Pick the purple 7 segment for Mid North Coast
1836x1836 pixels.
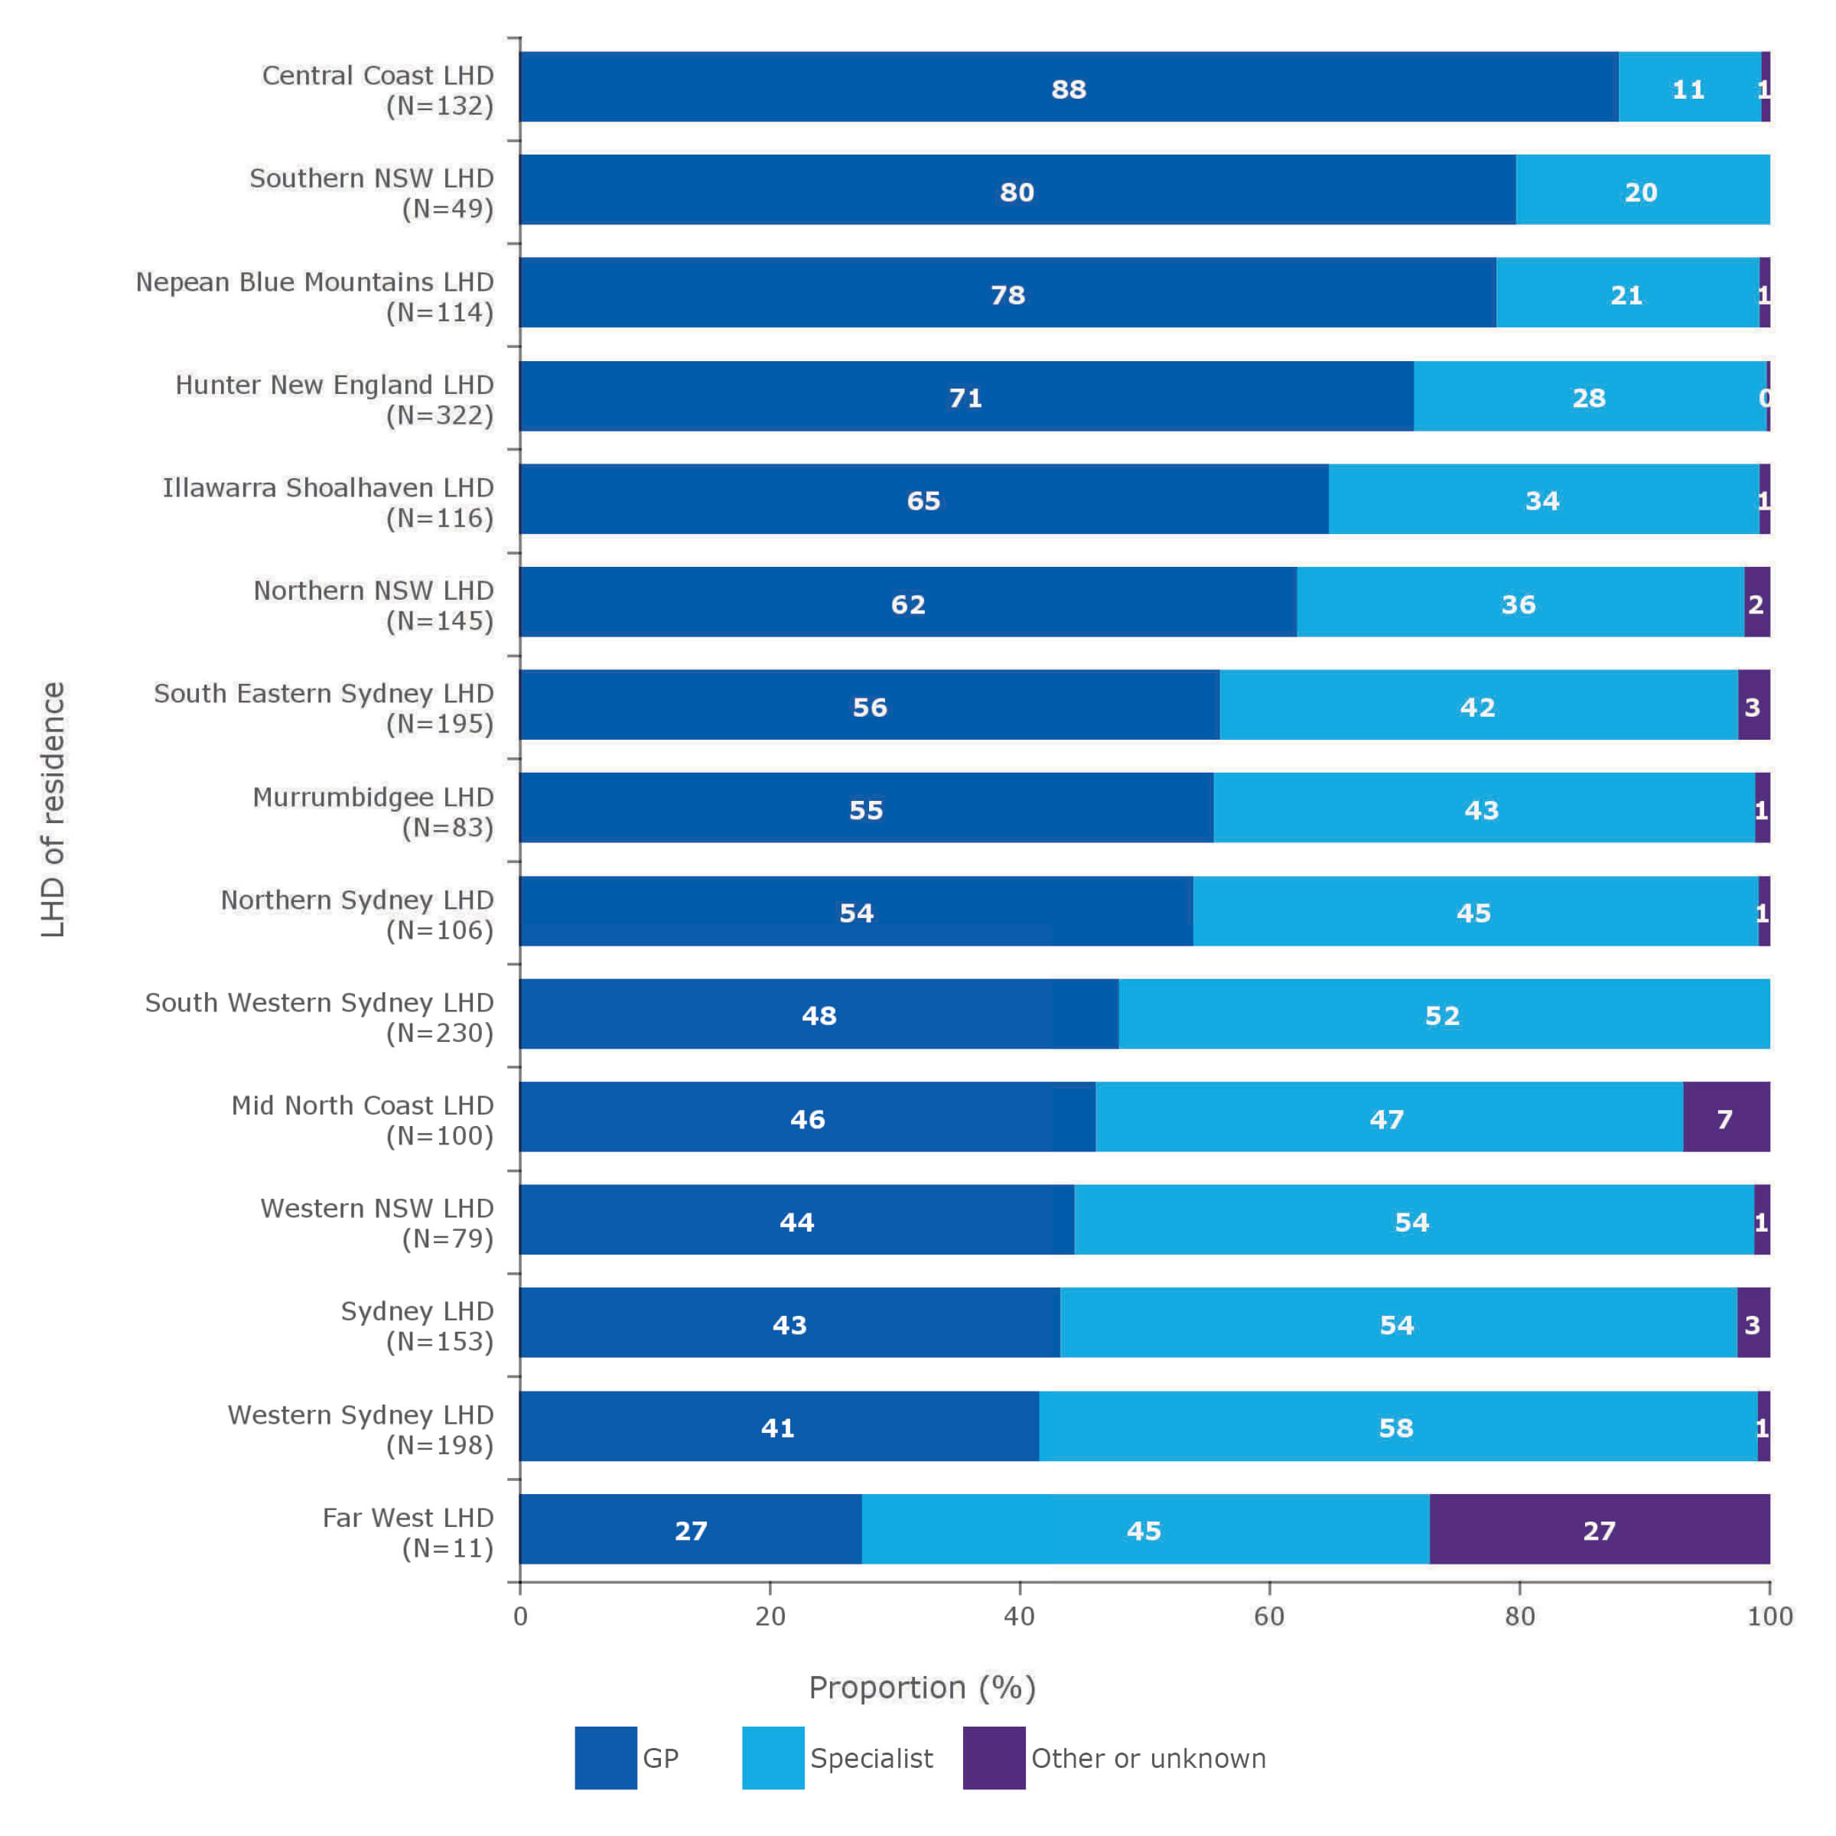point(1725,1118)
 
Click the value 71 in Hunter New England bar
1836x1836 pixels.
point(965,397)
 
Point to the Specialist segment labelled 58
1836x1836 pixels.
point(1396,1427)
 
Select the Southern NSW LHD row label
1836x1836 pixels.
point(370,192)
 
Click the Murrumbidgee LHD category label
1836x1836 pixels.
point(373,811)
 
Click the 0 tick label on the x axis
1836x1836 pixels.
point(520,1616)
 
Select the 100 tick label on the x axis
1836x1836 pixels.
point(1769,1616)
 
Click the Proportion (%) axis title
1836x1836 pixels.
point(922,1687)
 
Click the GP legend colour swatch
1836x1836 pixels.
point(605,1758)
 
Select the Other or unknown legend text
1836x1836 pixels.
point(1148,1758)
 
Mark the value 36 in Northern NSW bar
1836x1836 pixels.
point(1518,604)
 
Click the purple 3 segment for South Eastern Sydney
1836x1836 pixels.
point(1753,706)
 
